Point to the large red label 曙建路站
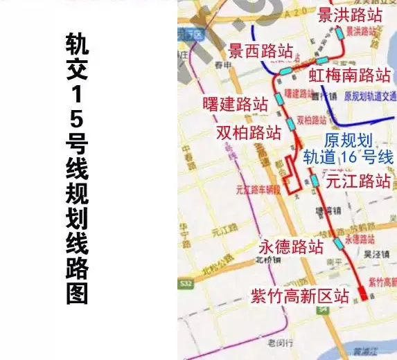[x=235, y=105]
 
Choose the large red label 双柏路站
[x=248, y=132]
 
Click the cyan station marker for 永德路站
[x=338, y=244]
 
